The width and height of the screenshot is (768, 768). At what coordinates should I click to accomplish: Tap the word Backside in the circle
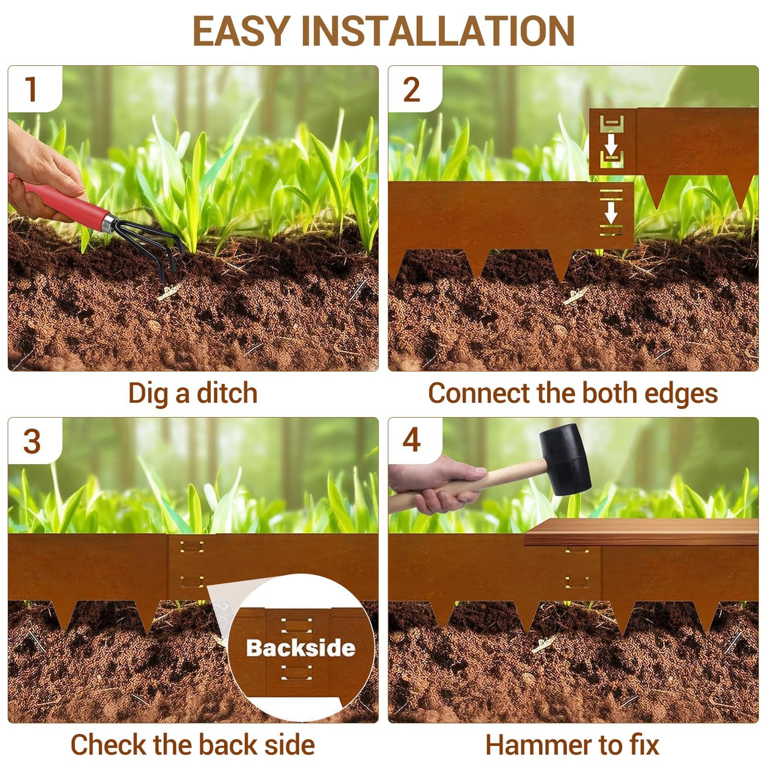300,648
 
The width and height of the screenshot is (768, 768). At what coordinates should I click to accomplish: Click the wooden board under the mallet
641,532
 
